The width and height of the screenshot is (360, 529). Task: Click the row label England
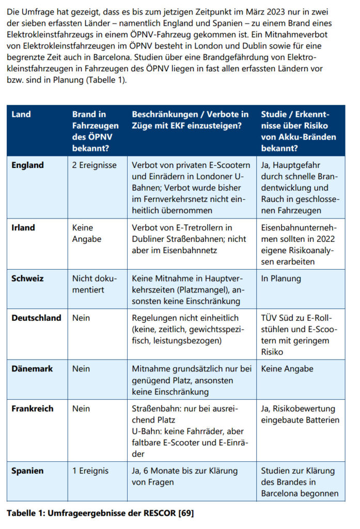coord(27,165)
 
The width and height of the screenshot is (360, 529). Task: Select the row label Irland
coord(24,227)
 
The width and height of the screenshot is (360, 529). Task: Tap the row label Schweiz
coord(27,278)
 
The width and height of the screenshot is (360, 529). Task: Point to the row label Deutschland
coord(36,318)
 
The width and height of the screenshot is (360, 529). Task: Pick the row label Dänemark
coord(32,369)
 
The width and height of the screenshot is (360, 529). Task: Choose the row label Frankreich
coord(33,409)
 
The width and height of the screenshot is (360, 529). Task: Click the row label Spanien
coord(27,471)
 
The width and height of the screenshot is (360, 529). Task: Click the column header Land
coord(21,114)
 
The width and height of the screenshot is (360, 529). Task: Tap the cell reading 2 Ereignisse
coord(95,165)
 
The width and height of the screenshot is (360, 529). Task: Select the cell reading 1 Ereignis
coord(91,471)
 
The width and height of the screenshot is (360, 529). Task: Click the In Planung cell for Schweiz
coord(281,278)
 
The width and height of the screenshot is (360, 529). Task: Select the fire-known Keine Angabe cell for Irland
coord(87,233)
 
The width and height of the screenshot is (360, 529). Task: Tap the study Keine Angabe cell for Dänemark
coord(287,369)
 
